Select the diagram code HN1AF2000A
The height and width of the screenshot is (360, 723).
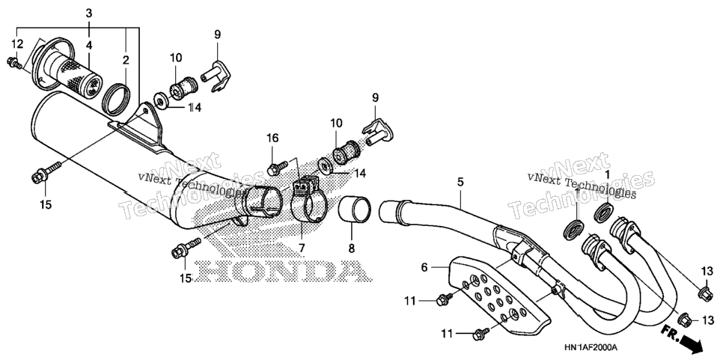(x=591, y=347)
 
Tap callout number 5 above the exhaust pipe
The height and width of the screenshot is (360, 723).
(x=460, y=182)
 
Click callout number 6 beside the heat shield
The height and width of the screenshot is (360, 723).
(x=424, y=267)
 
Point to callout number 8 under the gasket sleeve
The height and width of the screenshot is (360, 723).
(x=351, y=248)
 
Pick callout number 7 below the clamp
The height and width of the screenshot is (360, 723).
(x=302, y=248)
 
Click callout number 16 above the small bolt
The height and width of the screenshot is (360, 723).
(x=272, y=138)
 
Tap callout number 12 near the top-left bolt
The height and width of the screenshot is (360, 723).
(x=17, y=44)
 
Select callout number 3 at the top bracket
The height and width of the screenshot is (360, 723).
(x=89, y=13)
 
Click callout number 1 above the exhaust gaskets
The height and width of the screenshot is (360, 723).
(x=607, y=174)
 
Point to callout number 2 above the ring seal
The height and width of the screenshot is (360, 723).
(x=126, y=59)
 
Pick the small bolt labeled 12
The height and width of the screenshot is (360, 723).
(x=15, y=64)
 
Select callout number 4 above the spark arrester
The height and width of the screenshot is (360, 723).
(x=89, y=45)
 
